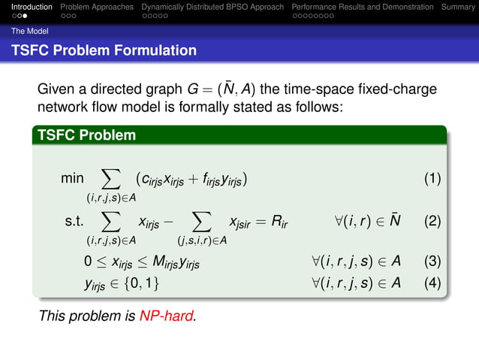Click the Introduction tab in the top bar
tap(27, 7)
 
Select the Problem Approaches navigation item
tap(97, 7)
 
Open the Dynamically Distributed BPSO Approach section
tap(212, 7)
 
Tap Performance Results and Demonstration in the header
tap(363, 7)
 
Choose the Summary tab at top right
tap(458, 7)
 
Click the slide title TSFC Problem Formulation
tap(104, 51)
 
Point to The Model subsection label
tap(26, 32)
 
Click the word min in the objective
tap(73, 180)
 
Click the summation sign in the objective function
tap(110, 178)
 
